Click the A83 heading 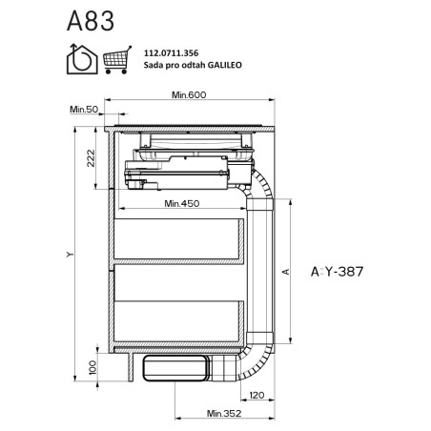coord(91,21)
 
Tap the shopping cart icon coord(117,60)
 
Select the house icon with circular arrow coord(82,59)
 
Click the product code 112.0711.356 coord(171,53)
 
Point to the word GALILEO coord(225,65)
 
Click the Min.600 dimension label coord(189,94)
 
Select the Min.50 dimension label coord(84,110)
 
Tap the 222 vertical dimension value coord(91,158)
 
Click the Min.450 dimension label coord(182,203)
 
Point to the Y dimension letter coord(70,255)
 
